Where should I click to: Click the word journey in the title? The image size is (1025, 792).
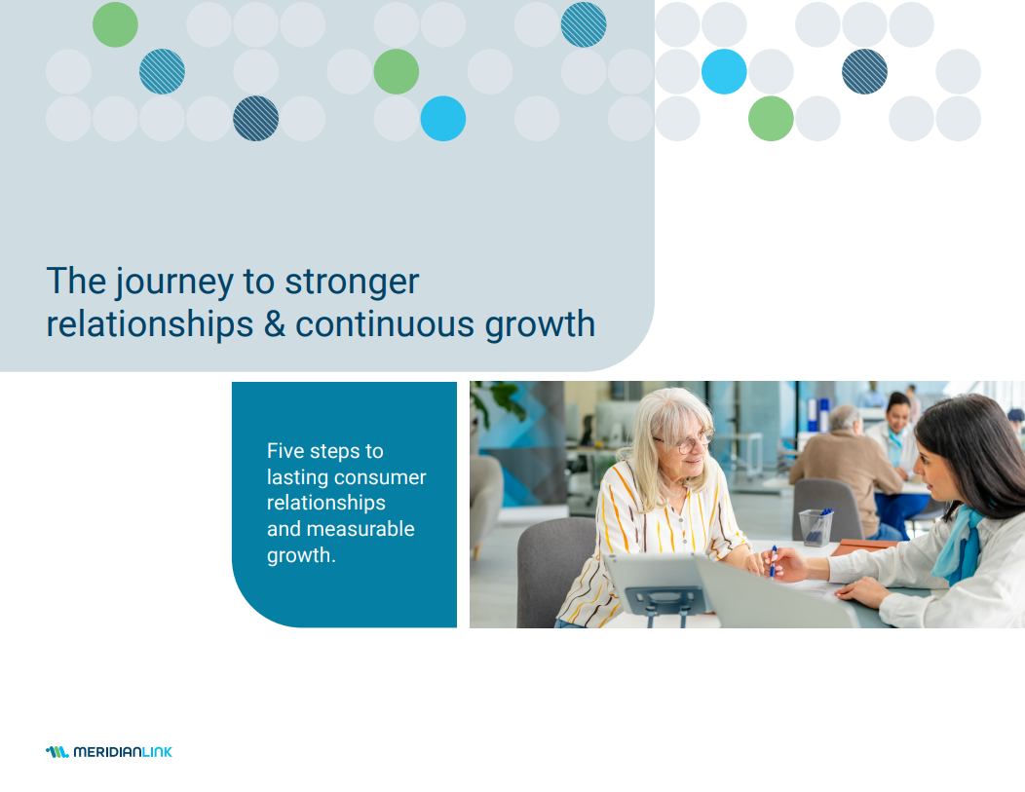pyautogui.click(x=174, y=283)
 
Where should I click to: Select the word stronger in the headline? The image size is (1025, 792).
pyautogui.click(x=352, y=283)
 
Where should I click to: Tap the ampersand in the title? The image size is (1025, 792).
pyautogui.click(x=275, y=324)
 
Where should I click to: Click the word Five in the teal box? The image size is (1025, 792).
pyautogui.click(x=285, y=451)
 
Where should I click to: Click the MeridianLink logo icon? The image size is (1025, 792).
pyautogui.click(x=57, y=752)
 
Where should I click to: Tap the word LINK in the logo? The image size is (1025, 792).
pyautogui.click(x=157, y=752)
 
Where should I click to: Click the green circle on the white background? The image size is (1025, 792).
pyautogui.click(x=771, y=119)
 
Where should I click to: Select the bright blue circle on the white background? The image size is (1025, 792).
pyautogui.click(x=724, y=72)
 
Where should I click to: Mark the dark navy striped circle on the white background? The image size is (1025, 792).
pyautogui.click(x=864, y=72)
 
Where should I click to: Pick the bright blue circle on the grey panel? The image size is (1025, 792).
pyautogui.click(x=442, y=119)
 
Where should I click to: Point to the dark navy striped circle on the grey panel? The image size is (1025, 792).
pyautogui.click(x=255, y=119)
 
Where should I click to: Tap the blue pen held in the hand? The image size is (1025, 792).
pyautogui.click(x=774, y=561)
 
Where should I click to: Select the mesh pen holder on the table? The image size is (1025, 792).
pyautogui.click(x=816, y=527)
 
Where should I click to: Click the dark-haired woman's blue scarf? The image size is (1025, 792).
pyautogui.click(x=959, y=545)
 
